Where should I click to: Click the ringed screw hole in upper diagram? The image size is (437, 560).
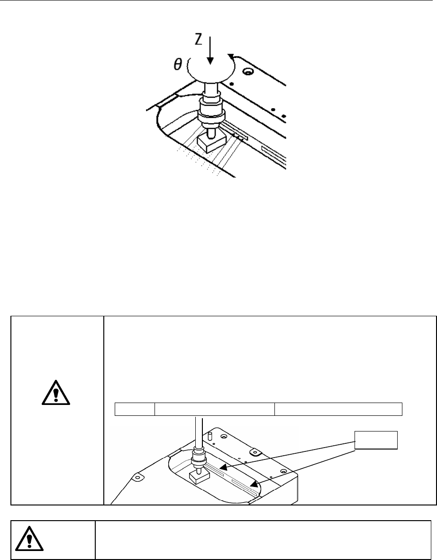coord(246,73)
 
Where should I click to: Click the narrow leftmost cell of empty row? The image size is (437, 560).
coord(136,409)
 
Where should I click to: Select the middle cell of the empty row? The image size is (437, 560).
coord(215,409)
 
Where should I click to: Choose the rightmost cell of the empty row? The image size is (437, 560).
coord(339,409)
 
